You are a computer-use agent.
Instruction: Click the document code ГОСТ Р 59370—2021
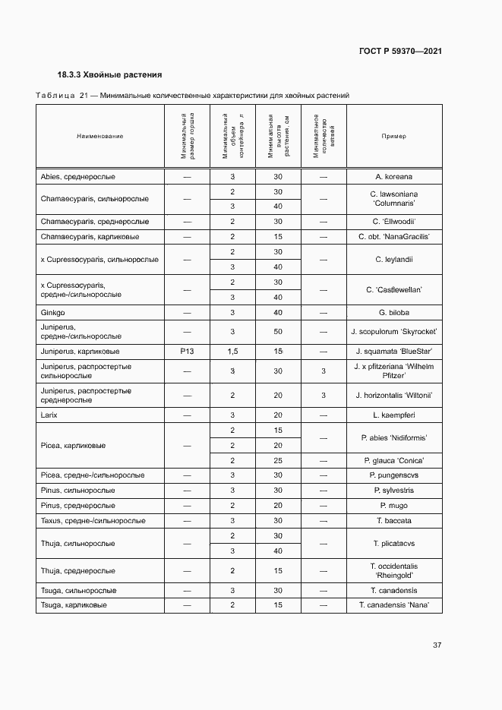point(399,51)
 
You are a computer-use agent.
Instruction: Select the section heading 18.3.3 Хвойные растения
point(110,75)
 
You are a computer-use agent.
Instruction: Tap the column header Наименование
point(99,136)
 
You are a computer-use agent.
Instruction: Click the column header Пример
point(394,136)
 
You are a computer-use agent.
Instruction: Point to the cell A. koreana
point(394,176)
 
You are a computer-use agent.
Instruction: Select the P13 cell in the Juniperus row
point(187,352)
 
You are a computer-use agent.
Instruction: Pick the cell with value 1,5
point(232,352)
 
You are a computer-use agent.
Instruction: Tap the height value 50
point(278,332)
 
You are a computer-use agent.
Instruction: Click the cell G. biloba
point(394,312)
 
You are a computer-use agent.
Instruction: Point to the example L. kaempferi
point(394,415)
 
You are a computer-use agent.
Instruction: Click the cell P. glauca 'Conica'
point(394,460)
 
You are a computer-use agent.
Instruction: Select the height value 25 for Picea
point(278,460)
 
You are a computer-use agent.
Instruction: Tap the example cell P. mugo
point(394,505)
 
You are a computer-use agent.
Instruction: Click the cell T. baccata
point(394,521)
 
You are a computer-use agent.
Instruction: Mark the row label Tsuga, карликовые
point(73,605)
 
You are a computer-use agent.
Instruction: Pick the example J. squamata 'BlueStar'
point(394,352)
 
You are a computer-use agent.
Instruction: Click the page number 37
point(437,645)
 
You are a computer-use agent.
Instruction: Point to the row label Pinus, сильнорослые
point(77,491)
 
